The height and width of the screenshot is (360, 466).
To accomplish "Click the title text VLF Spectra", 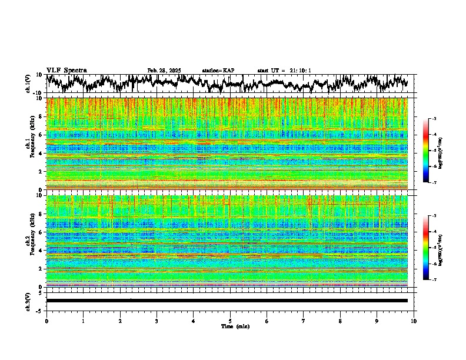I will click(66, 71).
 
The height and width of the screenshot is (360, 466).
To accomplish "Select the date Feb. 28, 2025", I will click(164, 71).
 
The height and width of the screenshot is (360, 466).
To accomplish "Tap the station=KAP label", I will click(218, 71).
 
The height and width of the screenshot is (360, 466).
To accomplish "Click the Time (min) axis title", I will click(230, 326).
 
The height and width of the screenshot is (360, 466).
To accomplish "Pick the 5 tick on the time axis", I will click(230, 321).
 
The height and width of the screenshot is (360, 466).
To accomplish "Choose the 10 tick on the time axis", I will click(414, 321).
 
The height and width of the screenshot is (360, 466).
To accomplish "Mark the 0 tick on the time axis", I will click(46, 321).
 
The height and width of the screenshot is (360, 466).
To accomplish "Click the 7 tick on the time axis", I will click(304, 321).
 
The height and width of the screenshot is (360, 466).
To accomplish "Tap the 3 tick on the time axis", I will click(157, 321).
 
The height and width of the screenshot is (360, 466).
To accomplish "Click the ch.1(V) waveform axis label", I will click(28, 84).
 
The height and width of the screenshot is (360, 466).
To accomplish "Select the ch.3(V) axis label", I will click(28, 301).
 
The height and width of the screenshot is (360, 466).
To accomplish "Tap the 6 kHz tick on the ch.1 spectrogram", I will click(40, 135).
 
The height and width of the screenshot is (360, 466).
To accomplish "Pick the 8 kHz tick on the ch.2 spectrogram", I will click(40, 214).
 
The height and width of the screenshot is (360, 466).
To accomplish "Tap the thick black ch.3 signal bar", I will click(227, 301).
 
